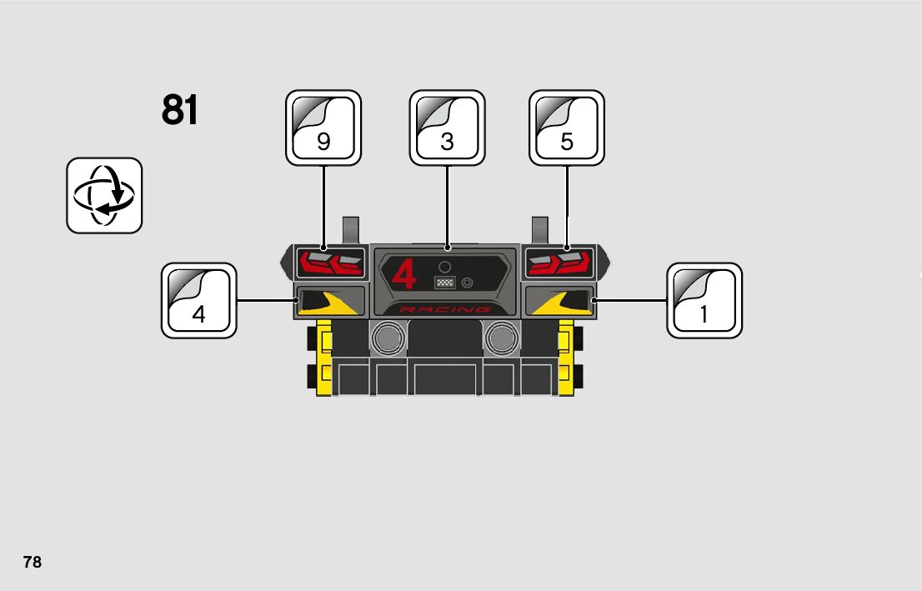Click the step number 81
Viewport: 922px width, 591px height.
[x=180, y=110]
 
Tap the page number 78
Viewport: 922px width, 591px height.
[x=32, y=562]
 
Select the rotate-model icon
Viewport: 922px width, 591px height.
[x=104, y=195]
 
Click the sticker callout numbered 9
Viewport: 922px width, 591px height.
[x=323, y=128]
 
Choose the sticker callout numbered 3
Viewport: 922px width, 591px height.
[x=447, y=128]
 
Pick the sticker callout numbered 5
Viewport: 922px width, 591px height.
[x=567, y=128]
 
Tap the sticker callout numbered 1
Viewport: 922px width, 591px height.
[x=704, y=301]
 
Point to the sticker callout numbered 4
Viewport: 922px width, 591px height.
[x=198, y=301]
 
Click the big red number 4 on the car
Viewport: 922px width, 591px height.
[x=404, y=275]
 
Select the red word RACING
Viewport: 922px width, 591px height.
[x=445, y=309]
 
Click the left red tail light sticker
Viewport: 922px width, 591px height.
[x=331, y=263]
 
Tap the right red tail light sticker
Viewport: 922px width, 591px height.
[x=559, y=263]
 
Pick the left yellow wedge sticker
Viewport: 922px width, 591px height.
[x=331, y=302]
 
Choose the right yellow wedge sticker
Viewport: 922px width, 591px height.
[x=559, y=302]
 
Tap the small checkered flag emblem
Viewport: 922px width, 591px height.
[x=445, y=283]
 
